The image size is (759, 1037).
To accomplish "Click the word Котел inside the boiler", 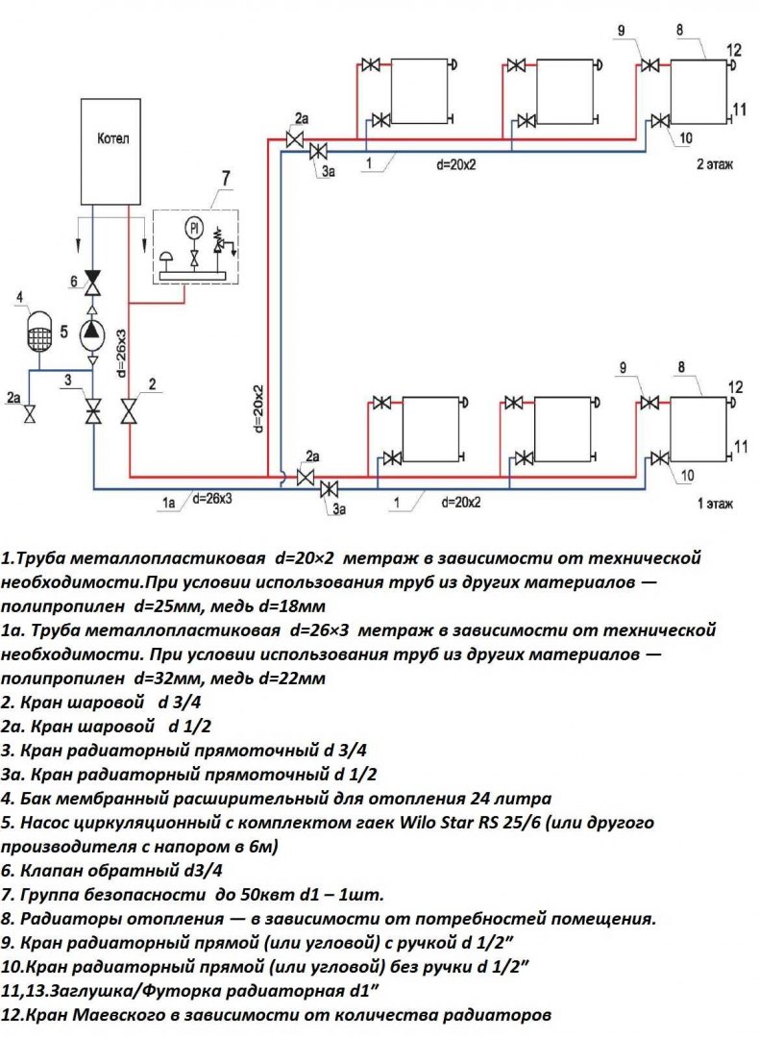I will [x=113, y=138].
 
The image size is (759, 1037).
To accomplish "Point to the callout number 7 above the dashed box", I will [x=226, y=178].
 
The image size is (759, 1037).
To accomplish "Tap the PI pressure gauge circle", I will [x=194, y=228].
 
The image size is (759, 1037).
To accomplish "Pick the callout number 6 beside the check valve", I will [x=71, y=281].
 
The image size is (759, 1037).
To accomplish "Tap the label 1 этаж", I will [x=715, y=502].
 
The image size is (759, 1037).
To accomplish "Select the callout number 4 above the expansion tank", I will [x=20, y=298].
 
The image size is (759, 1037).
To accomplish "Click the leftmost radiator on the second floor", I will [x=418, y=91].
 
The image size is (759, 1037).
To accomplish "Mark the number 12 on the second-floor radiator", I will [x=735, y=50].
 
